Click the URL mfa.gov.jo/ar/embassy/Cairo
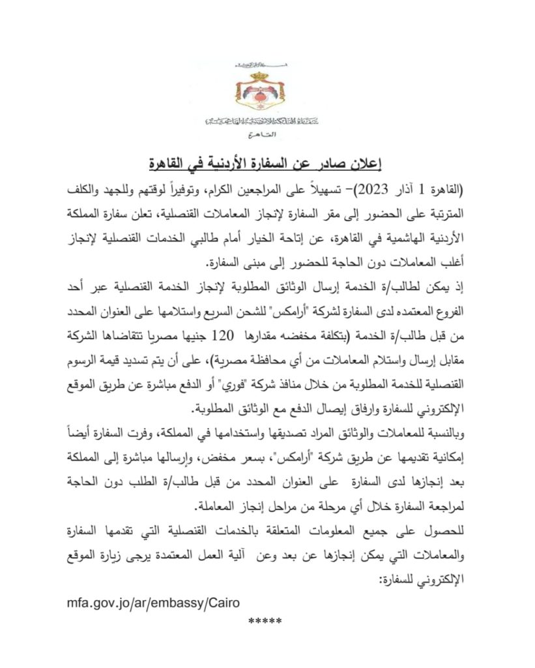pyautogui.click(x=156, y=601)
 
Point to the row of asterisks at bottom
pyautogui.click(x=265, y=620)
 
